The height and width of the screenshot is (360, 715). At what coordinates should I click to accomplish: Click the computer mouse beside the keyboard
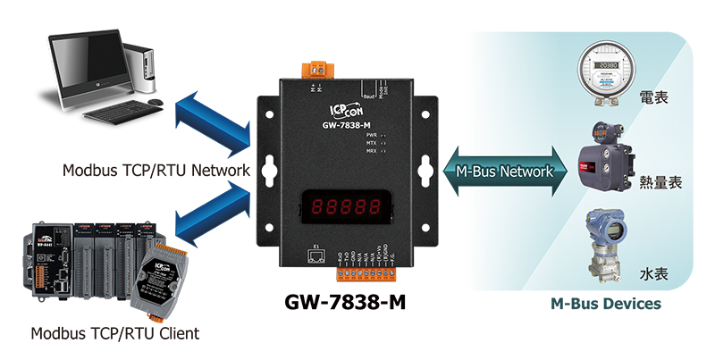tap(155, 104)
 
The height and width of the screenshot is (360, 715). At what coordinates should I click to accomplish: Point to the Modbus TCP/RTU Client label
tap(115, 334)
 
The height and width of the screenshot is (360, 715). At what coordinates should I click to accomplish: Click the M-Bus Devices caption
tap(605, 305)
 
